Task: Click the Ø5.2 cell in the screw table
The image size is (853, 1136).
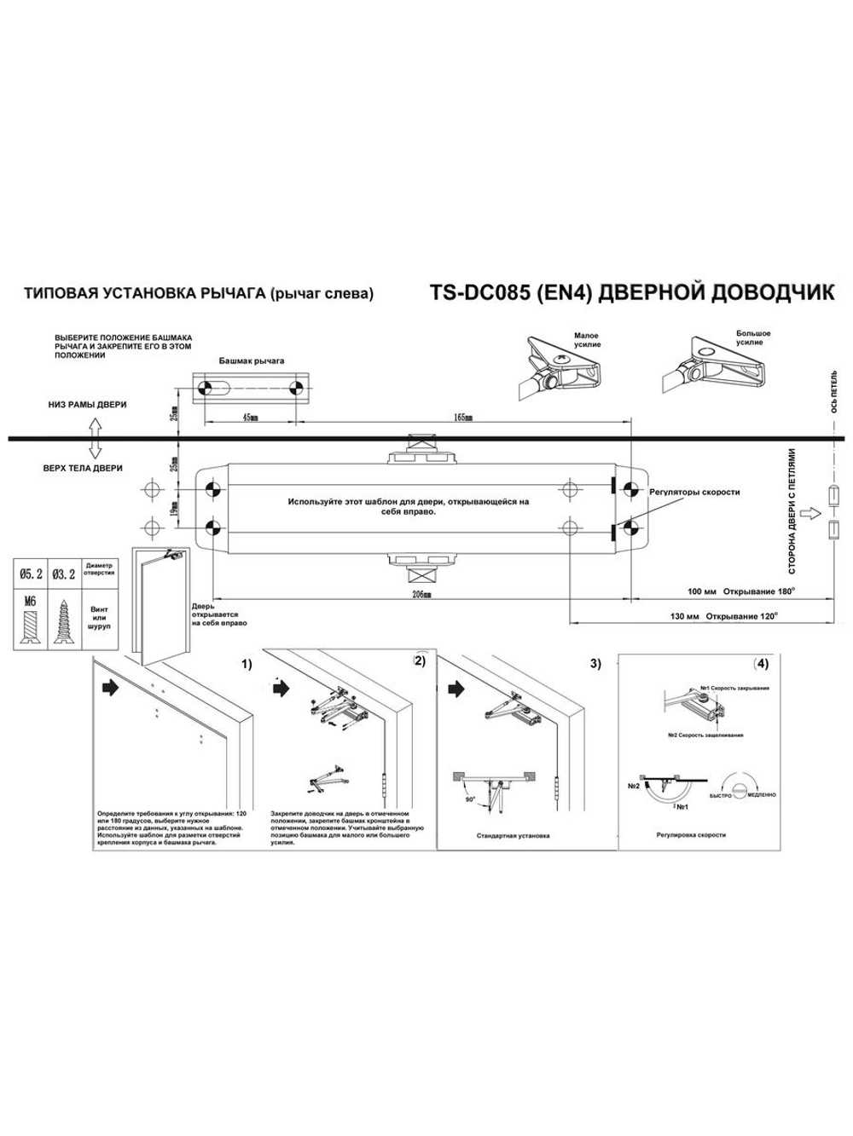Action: pos(32,574)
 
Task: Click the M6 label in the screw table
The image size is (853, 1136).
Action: pos(32,601)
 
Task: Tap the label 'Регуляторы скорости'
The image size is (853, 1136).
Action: pos(694,493)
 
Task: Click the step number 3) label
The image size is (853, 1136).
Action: pos(595,663)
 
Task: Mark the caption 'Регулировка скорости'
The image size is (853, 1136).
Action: pos(691,835)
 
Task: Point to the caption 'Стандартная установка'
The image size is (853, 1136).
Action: pos(513,836)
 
